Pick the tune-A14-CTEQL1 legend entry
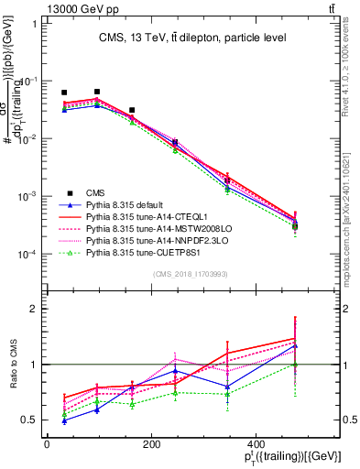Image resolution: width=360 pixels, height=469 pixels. tap(147, 222)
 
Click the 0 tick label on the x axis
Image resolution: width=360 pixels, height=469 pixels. tap(47, 445)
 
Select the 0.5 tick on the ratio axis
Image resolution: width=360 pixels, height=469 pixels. tap(29, 420)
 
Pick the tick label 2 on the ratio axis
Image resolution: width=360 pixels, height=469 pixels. tap(34, 310)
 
